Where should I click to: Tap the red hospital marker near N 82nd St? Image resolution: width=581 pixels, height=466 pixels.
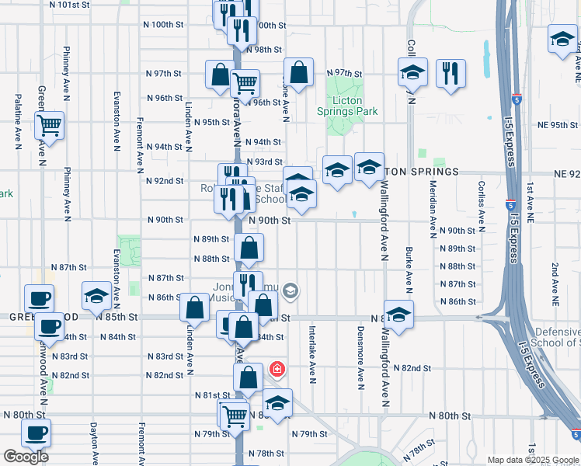tap(276, 368)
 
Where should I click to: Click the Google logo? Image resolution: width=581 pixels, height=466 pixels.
tap(26, 457)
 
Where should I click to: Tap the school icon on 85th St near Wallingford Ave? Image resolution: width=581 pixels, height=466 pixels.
tap(398, 315)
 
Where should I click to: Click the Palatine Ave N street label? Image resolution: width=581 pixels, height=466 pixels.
tap(17, 120)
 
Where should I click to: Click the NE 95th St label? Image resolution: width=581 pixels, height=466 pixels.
tap(559, 126)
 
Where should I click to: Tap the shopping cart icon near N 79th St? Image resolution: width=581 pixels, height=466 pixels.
tap(233, 416)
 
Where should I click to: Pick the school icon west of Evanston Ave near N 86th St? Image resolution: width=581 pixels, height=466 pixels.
tap(96, 295)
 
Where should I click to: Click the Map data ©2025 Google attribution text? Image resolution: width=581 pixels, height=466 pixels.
tap(532, 460)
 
